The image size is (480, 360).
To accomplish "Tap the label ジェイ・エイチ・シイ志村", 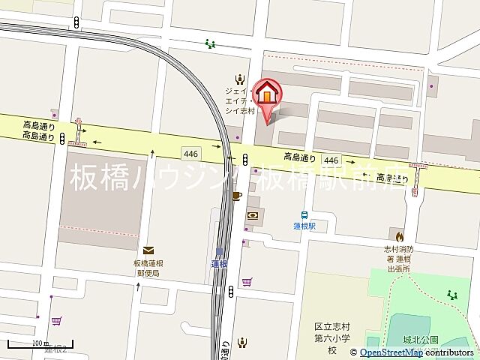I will tap(241, 100).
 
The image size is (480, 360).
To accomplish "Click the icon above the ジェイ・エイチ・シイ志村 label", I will tap(240, 78).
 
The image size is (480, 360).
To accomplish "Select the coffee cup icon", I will tap(237, 196).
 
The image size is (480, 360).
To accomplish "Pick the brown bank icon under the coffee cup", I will tap(253, 215).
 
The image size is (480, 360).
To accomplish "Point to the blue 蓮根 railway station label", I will tap(219, 263).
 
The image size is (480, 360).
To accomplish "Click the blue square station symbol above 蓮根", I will tap(220, 252).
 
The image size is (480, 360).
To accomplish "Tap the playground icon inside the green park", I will tap(452, 295).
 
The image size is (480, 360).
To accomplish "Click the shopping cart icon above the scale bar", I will tap(56, 320).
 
